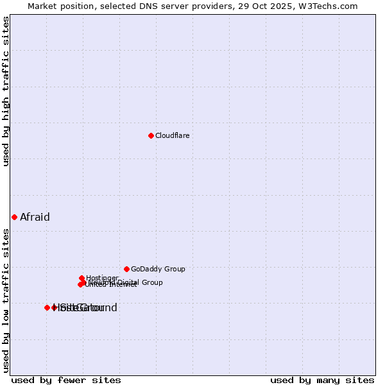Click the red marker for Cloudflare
[151, 135]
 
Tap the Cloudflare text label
[172, 135]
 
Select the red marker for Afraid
[14, 217]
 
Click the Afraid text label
[35, 217]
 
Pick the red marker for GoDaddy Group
[126, 269]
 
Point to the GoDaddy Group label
[158, 269]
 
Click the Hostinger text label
[102, 278]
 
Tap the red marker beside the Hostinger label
[81, 278]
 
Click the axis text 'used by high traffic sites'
[6, 91]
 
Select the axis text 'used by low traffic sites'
[6, 300]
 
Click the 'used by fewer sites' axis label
[66, 380]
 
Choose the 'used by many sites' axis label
[322, 380]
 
